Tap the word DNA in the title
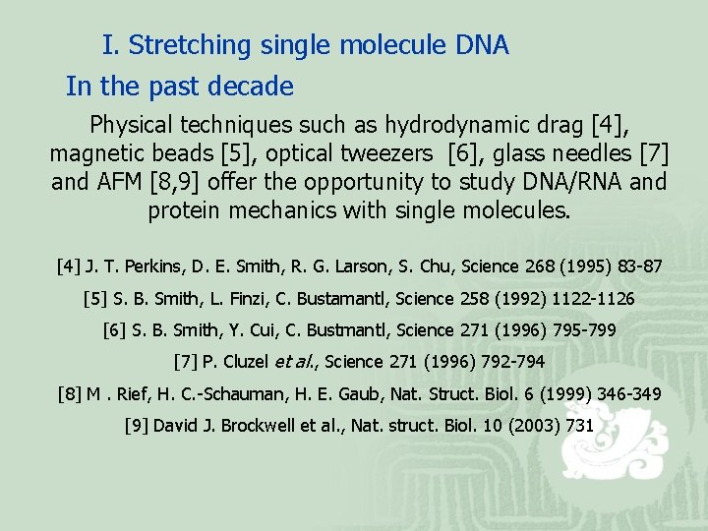point(482,45)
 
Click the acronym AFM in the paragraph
point(118,183)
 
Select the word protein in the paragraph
point(187,211)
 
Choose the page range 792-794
point(507,362)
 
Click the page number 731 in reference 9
point(580,426)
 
